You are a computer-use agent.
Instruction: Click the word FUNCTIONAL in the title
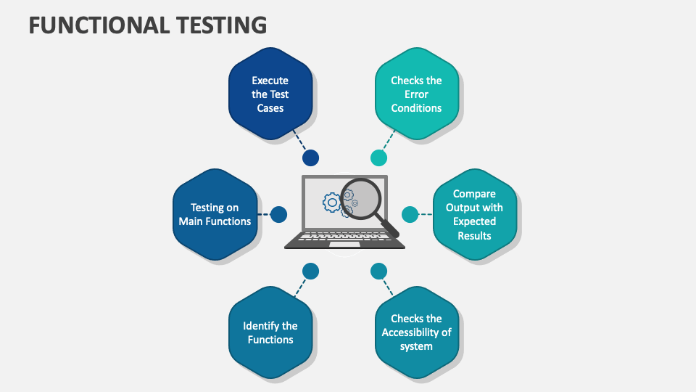pos(99,25)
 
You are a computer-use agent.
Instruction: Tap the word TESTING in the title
pos(221,25)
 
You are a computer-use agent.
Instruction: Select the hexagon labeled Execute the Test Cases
pos(270,94)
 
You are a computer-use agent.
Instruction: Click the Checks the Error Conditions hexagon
pos(416,94)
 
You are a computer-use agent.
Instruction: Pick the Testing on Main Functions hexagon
pos(215,214)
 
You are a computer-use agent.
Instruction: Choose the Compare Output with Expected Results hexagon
pos(474,214)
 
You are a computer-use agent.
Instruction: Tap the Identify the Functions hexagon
pos(270,332)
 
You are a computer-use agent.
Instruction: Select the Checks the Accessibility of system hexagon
pos(416,332)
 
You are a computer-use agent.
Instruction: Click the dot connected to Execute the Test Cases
pos(311,158)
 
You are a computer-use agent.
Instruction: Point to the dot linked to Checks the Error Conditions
pos(378,158)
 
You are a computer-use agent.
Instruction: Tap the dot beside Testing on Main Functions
pos(278,214)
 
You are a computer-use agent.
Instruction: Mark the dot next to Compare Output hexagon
pos(410,214)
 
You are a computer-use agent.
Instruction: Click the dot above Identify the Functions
pos(311,271)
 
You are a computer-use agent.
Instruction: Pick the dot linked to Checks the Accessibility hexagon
pos(378,271)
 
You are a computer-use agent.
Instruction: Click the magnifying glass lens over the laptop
pos(361,199)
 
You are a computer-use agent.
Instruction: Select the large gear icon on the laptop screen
pos(331,203)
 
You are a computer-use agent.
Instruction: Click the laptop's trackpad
pos(344,245)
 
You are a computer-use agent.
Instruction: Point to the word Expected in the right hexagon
pos(474,221)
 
